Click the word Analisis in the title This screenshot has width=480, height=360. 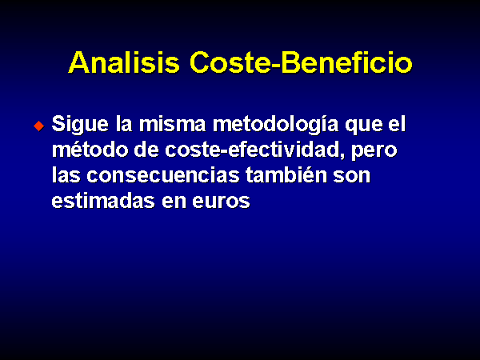124,62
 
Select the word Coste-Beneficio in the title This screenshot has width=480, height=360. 301,62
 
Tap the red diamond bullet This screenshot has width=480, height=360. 39,126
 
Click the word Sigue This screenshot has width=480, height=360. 80,125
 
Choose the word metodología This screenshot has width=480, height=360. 275,125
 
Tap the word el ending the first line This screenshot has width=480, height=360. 397,124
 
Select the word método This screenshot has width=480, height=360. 90,150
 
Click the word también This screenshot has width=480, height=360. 286,175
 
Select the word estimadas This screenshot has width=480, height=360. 103,201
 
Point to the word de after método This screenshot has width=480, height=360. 146,150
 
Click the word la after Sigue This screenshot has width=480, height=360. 124,124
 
